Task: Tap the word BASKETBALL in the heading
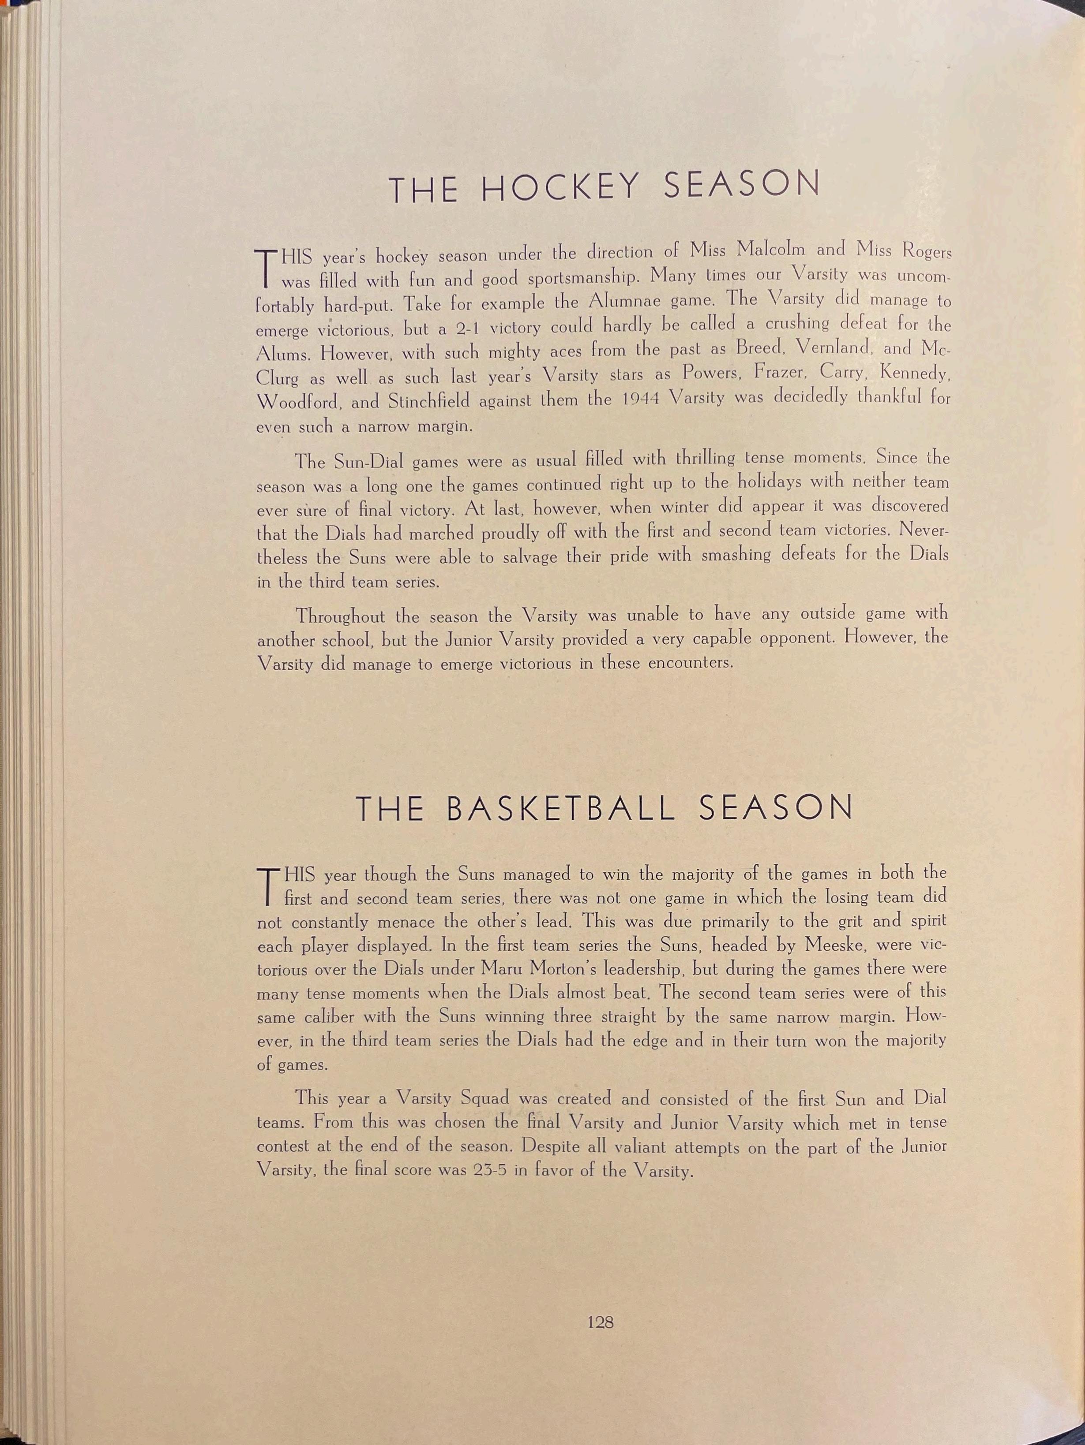[561, 809]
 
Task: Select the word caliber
[333, 1018]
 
